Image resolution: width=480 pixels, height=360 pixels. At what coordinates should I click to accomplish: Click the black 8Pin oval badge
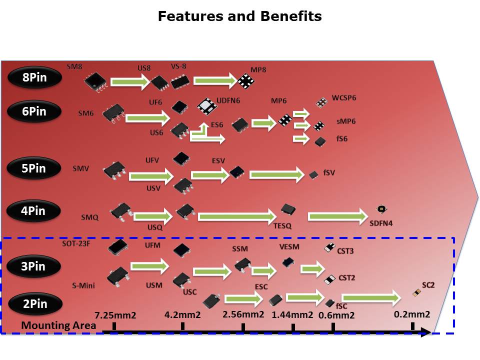point(34,77)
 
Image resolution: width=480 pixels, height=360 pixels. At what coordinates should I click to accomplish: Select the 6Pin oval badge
point(34,111)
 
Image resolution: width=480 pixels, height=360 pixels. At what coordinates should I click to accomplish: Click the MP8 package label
point(258,69)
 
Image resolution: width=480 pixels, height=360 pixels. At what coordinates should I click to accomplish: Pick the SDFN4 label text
point(380,222)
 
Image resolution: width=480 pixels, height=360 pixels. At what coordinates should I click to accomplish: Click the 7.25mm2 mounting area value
point(116,315)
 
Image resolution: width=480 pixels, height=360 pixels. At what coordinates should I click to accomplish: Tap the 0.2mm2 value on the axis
point(412,314)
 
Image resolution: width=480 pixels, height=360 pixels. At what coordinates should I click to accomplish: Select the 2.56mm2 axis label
point(243,314)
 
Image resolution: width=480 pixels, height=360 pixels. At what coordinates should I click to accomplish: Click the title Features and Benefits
point(240,16)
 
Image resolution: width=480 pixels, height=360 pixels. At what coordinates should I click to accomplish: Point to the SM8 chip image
point(95,81)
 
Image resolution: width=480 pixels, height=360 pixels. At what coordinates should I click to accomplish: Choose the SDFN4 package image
point(381,210)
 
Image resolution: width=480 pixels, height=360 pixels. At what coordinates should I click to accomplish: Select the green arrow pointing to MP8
point(215,80)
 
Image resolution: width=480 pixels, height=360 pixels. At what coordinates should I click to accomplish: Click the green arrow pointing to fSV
point(277,174)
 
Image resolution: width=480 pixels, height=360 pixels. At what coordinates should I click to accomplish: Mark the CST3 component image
point(329,247)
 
